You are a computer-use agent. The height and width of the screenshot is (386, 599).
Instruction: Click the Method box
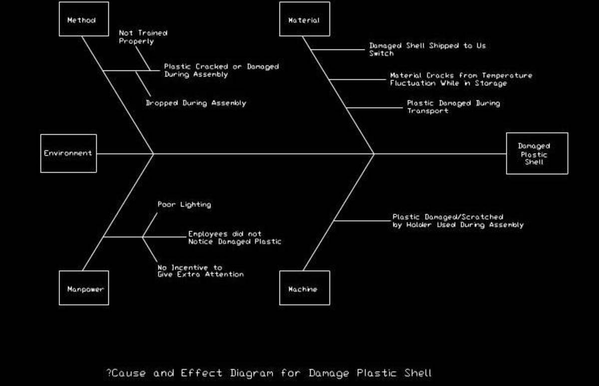pos(84,19)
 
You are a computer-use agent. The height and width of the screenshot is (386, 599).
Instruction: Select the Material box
pos(304,19)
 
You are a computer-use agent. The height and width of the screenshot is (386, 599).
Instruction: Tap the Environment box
pos(68,153)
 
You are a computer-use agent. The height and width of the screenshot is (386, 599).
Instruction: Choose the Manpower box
pos(84,288)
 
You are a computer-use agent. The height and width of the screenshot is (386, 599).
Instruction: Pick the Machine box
pos(304,288)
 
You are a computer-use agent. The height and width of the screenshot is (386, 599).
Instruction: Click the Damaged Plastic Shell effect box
pos(537,153)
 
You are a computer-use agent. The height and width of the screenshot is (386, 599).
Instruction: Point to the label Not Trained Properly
pos(143,37)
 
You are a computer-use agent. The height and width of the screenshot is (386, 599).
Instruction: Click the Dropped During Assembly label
pos(196,103)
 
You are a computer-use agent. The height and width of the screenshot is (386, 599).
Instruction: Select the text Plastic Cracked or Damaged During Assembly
pos(221,70)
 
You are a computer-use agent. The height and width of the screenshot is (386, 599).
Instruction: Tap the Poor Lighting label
pos(184,205)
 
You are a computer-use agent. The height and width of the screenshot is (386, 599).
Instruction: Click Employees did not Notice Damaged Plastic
pos(234,238)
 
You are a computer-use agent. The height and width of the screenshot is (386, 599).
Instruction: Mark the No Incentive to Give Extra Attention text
pos(200,271)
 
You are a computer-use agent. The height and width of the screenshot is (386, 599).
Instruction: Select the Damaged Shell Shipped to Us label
pos(427,49)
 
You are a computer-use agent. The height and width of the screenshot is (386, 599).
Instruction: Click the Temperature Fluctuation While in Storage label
pos(460,79)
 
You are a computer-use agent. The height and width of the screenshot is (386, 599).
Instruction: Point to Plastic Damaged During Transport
pos(453,107)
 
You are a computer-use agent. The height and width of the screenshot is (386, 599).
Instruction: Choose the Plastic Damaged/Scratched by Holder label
pos(457,221)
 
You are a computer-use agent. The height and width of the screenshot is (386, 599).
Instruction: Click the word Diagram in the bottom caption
pos(252,373)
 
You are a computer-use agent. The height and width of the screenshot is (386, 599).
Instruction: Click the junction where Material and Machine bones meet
pos(374,154)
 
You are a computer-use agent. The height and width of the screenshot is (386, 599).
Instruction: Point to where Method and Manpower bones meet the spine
pos(153,154)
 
